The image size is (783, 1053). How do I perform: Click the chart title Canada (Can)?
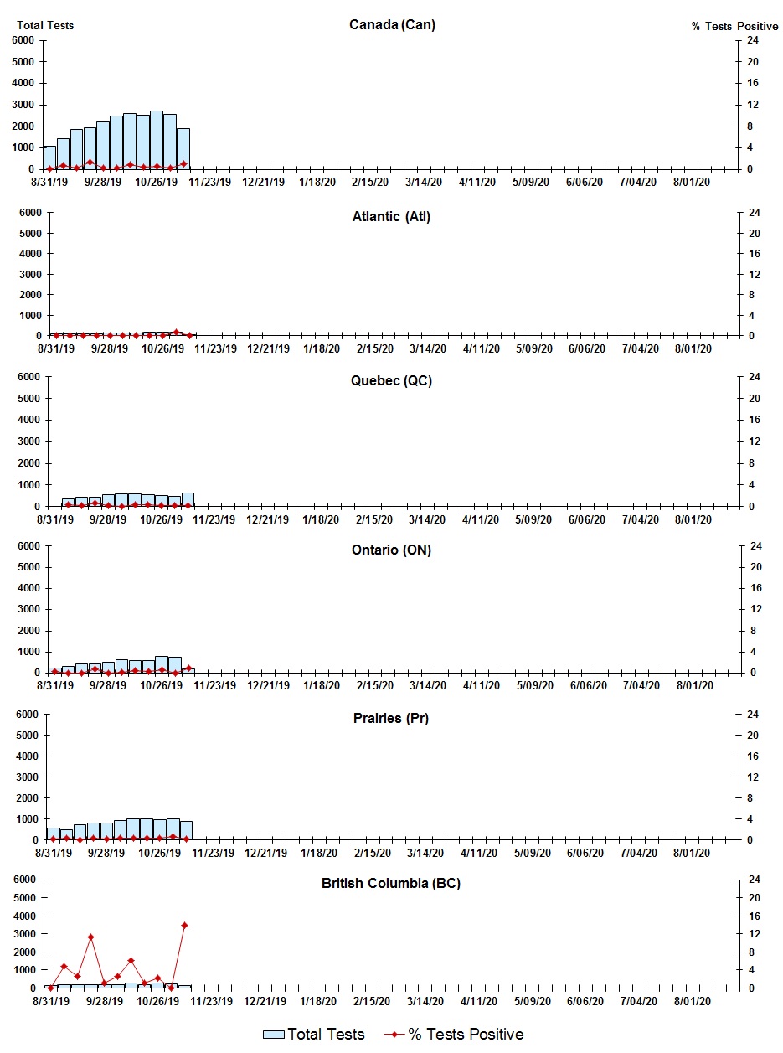pyautogui.click(x=392, y=24)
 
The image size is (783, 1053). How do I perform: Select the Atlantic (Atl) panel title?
pyautogui.click(x=391, y=217)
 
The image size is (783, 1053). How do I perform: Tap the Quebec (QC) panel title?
pyautogui.click(x=392, y=381)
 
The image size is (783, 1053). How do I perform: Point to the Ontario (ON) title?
pyautogui.click(x=392, y=550)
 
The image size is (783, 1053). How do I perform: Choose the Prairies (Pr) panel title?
pyautogui.click(x=392, y=718)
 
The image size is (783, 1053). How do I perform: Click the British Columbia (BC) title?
pyautogui.click(x=391, y=883)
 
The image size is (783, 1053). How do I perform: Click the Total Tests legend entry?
pyautogui.click(x=314, y=1035)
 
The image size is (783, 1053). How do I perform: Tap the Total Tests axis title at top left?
pyautogui.click(x=45, y=25)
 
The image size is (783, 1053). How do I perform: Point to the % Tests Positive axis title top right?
pyautogui.click(x=734, y=26)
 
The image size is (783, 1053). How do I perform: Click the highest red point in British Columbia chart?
pyautogui.click(x=184, y=925)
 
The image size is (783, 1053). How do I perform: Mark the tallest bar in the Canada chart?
pyautogui.click(x=157, y=140)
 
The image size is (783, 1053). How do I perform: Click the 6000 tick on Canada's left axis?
pyautogui.click(x=24, y=40)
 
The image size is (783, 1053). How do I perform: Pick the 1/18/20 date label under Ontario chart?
pyautogui.click(x=321, y=685)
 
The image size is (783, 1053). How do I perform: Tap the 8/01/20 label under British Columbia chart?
pyautogui.click(x=693, y=1001)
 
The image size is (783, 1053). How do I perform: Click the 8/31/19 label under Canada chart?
pyautogui.click(x=49, y=182)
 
